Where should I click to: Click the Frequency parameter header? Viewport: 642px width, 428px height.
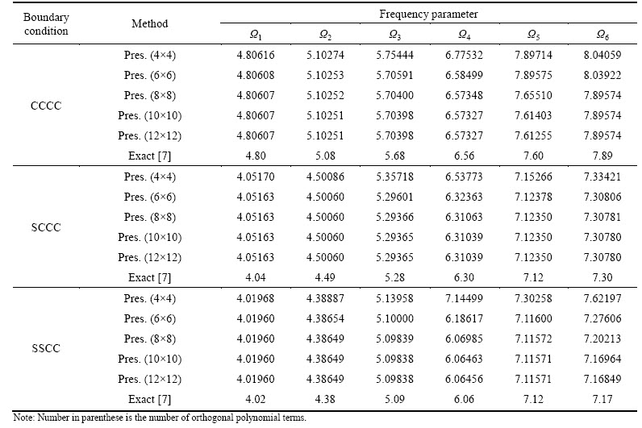(x=428, y=15)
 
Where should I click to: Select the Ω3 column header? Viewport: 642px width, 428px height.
(x=394, y=35)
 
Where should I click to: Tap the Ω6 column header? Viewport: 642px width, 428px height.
(x=602, y=35)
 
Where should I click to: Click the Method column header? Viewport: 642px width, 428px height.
(x=149, y=23)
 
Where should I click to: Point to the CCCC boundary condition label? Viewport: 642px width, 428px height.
(x=46, y=106)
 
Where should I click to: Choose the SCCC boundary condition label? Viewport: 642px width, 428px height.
(x=46, y=227)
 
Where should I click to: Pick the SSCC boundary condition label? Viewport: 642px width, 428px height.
(x=46, y=349)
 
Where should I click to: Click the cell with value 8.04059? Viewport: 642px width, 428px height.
(x=602, y=55)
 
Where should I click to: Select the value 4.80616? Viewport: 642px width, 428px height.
(x=256, y=55)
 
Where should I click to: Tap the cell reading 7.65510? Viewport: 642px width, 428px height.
(x=533, y=95)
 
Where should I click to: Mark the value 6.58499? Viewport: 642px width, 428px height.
(x=464, y=75)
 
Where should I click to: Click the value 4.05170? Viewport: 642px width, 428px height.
(x=256, y=177)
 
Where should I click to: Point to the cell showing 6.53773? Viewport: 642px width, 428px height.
(x=464, y=177)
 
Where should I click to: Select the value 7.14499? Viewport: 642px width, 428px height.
(x=464, y=298)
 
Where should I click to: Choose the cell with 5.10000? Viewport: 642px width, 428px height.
(x=394, y=318)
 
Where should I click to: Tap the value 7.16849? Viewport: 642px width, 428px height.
(x=602, y=379)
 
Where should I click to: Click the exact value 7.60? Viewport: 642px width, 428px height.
(x=533, y=156)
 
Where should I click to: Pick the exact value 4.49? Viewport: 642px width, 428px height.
(x=325, y=277)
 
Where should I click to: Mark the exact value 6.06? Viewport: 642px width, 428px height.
(x=464, y=399)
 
